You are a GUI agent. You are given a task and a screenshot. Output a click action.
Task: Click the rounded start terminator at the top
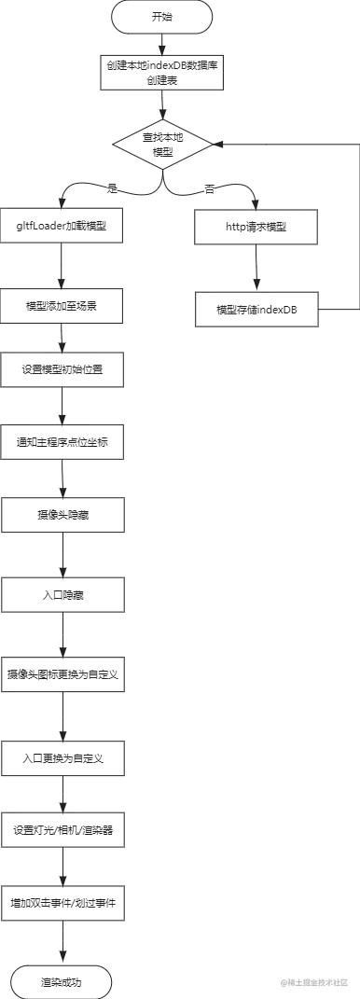point(163,18)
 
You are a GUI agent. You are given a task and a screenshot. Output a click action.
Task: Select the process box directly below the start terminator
point(160,75)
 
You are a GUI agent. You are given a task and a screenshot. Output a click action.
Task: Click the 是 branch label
point(112,190)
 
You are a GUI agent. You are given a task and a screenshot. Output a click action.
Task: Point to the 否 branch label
point(209,190)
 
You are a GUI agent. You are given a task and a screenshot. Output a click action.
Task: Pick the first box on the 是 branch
point(64,225)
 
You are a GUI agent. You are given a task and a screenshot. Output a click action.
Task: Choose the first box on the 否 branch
point(257,227)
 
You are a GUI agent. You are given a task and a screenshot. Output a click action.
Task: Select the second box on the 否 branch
point(257,310)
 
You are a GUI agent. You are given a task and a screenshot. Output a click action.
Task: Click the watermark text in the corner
point(314,981)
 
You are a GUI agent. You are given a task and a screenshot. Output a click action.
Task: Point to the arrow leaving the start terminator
point(161,44)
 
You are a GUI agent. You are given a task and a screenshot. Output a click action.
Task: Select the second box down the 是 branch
point(64,307)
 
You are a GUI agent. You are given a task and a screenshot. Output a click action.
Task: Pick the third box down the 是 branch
point(64,368)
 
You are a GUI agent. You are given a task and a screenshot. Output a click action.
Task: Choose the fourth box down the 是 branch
point(64,439)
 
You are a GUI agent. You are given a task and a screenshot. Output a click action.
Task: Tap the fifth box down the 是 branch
point(64,515)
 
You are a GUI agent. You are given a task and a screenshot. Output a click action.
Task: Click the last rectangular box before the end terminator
point(64,902)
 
